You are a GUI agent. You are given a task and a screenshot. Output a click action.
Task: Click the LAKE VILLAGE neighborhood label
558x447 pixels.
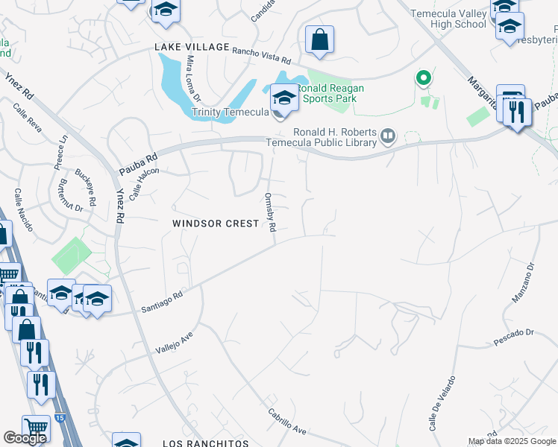[192, 47]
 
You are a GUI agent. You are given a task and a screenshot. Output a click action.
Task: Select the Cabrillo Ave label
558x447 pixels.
[288, 425]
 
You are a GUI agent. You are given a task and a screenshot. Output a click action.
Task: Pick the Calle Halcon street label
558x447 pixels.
[144, 183]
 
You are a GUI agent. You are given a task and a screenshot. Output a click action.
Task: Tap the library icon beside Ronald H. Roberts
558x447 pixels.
[387, 136]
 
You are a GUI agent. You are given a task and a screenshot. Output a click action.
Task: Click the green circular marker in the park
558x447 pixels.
[423, 77]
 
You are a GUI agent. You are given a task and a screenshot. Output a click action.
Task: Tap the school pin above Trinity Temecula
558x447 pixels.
[283, 98]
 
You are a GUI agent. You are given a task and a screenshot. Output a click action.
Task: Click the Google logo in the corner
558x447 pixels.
[25, 437]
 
